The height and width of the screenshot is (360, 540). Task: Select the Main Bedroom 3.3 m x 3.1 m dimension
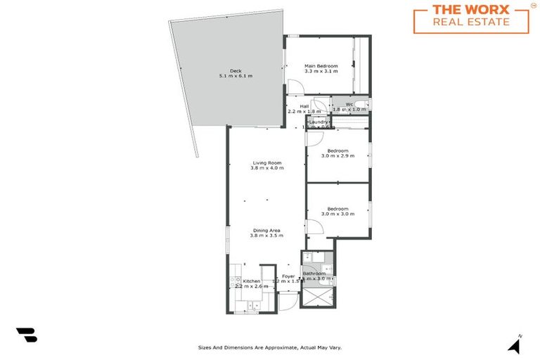pyautogui.click(x=321, y=72)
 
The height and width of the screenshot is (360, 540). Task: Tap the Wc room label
pyautogui.click(x=349, y=105)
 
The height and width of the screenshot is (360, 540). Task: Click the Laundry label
pyautogui.click(x=319, y=122)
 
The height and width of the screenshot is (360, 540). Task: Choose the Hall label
pyautogui.click(x=304, y=105)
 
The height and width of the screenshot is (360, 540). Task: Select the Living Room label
pyautogui.click(x=267, y=163)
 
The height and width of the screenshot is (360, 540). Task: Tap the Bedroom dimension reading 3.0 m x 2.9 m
pyautogui.click(x=337, y=155)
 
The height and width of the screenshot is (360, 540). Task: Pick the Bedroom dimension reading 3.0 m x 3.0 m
pyautogui.click(x=337, y=214)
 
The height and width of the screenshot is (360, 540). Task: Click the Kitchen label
pyautogui.click(x=252, y=281)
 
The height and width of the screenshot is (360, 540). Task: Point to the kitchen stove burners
pyautogui.click(x=234, y=282)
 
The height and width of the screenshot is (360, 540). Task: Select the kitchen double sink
pyautogui.click(x=253, y=306)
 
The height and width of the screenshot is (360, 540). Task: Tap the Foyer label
pyautogui.click(x=288, y=276)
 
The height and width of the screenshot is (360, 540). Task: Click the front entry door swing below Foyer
pyautogui.click(x=288, y=302)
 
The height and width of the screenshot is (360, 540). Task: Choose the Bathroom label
pyautogui.click(x=314, y=274)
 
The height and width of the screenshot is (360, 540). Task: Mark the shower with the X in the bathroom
pyautogui.click(x=317, y=296)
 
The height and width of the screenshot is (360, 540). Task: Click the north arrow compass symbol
pyautogui.click(x=515, y=345)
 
